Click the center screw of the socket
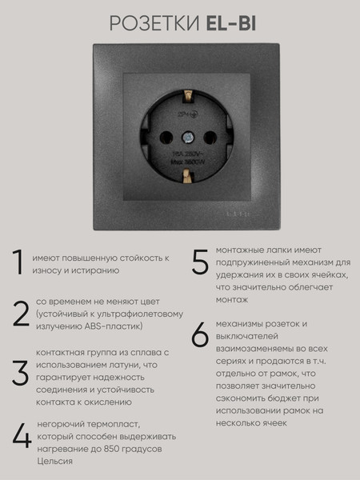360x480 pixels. [x=191, y=136]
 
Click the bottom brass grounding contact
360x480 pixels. [x=190, y=174]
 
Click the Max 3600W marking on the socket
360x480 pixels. [x=191, y=158]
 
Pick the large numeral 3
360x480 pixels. [x=20, y=373]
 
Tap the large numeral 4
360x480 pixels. [x=22, y=435]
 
